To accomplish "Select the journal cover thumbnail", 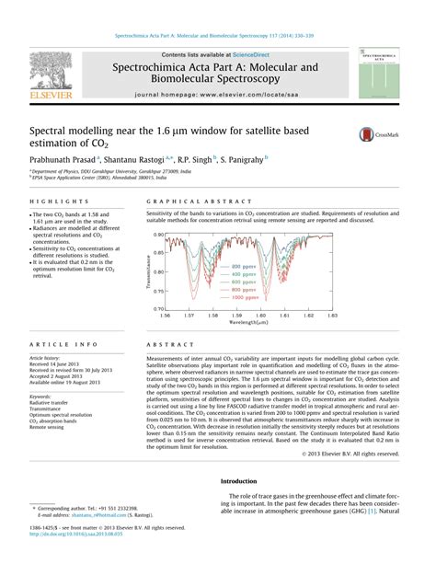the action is (384, 75).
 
